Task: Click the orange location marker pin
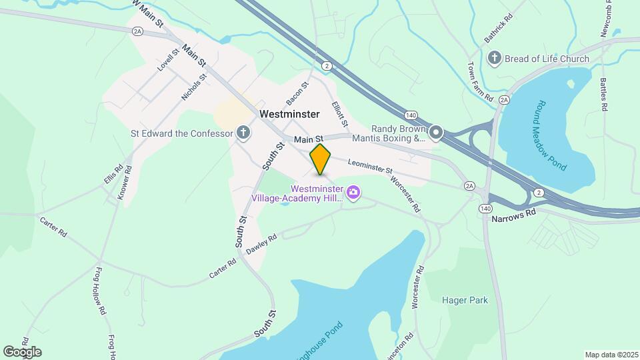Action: tap(321, 159)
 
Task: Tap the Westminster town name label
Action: tap(289, 114)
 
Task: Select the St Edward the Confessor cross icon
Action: tap(243, 133)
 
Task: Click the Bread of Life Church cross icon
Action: tap(495, 59)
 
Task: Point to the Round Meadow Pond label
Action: tap(552, 135)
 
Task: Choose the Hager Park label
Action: tap(465, 300)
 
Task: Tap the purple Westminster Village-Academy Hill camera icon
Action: tap(353, 193)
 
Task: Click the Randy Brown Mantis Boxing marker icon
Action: tap(436, 133)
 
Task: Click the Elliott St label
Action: tap(340, 113)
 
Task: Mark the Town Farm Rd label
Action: tap(479, 82)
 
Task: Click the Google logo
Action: tap(22, 352)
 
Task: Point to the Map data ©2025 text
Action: tap(610, 355)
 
